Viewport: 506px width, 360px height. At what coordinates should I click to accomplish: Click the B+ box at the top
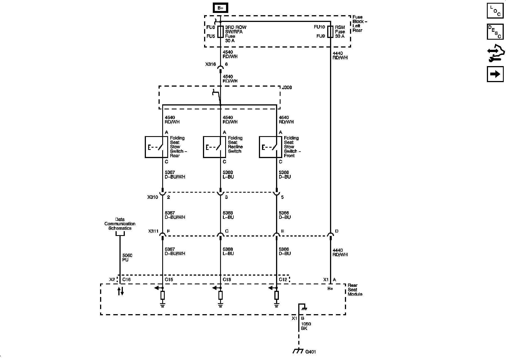220,8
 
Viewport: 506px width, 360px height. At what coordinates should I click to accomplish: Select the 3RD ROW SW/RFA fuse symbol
220,32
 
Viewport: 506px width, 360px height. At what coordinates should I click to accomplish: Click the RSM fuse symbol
330,32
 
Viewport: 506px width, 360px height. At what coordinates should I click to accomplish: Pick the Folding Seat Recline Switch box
214,147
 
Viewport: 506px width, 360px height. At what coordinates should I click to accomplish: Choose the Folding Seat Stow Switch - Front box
270,147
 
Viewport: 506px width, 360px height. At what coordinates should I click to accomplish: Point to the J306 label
287,88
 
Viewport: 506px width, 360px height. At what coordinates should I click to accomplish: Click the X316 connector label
210,64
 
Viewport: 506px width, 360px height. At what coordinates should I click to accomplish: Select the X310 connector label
153,197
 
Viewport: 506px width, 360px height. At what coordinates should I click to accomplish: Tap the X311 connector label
153,231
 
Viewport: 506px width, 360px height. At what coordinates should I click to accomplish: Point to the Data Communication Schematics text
120,224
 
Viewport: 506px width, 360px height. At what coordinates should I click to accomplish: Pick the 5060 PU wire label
127,258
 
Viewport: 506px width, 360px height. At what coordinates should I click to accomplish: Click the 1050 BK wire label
306,326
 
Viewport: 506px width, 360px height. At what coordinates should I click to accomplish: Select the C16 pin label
126,280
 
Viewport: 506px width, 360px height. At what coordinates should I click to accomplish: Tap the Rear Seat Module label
355,290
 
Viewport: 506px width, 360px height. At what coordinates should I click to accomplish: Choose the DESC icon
495,31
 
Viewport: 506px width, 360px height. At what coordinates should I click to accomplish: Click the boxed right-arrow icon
495,74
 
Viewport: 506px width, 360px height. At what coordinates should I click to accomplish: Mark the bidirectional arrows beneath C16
120,291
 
